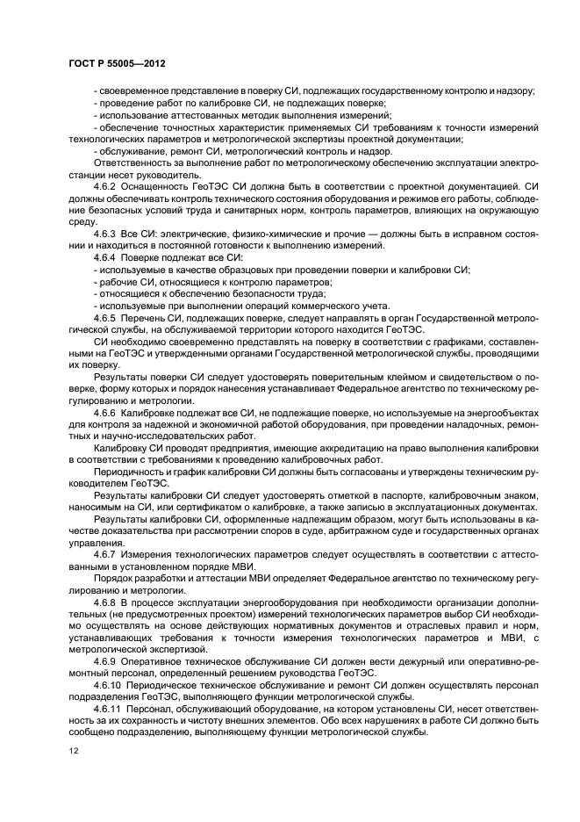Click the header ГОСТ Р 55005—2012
click(116, 65)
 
